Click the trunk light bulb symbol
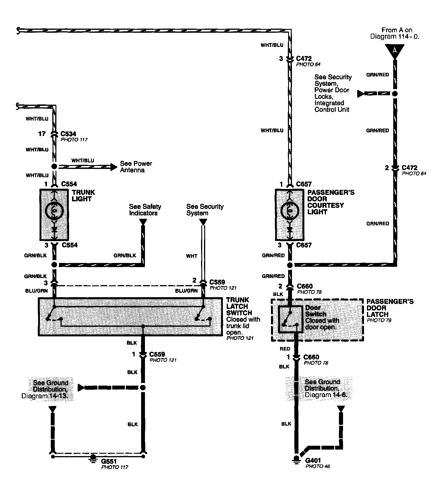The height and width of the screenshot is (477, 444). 54,211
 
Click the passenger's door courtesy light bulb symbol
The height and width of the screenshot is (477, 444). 290,211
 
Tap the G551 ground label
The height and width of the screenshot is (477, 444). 108,461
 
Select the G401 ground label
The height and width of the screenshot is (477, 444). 313,460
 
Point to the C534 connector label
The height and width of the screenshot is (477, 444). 68,134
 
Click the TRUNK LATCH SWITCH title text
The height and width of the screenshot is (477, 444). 239,306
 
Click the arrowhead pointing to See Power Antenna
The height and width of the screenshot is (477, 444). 114,167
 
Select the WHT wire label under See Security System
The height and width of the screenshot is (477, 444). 192,256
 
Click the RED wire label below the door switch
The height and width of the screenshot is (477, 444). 285,349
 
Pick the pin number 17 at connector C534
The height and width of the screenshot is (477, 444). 42,134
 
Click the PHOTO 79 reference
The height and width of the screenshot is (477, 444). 379,320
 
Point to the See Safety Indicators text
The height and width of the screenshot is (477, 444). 145,210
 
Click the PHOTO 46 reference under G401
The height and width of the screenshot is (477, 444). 318,466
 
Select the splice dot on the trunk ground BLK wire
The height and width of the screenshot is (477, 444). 143,387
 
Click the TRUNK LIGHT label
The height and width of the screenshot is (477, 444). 84,196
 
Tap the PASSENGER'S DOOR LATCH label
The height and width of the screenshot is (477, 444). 390,308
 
